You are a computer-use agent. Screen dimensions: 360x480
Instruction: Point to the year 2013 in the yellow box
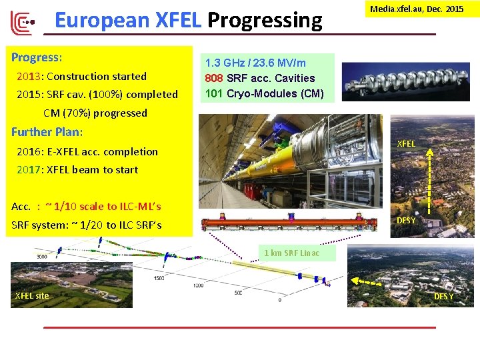[29, 76]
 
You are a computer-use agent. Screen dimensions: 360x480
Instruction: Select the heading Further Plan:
[47, 132]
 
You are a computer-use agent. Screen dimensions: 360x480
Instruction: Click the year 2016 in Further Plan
[29, 151]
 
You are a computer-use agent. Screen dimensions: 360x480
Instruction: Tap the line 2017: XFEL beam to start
[77, 169]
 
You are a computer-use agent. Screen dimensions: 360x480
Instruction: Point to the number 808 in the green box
[213, 78]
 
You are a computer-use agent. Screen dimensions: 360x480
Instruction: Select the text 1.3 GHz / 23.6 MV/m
[255, 63]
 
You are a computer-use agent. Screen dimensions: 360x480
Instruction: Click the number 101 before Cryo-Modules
[213, 93]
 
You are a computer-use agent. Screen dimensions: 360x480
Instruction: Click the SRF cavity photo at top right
[405, 81]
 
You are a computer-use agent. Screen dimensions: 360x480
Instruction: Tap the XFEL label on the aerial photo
[406, 143]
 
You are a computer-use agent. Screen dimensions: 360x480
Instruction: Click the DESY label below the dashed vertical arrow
[406, 220]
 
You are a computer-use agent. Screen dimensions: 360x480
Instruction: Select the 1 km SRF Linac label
[291, 253]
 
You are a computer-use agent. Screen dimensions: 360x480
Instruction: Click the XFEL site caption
[32, 295]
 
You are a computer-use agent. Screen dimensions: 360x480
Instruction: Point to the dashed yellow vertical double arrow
[429, 183]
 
